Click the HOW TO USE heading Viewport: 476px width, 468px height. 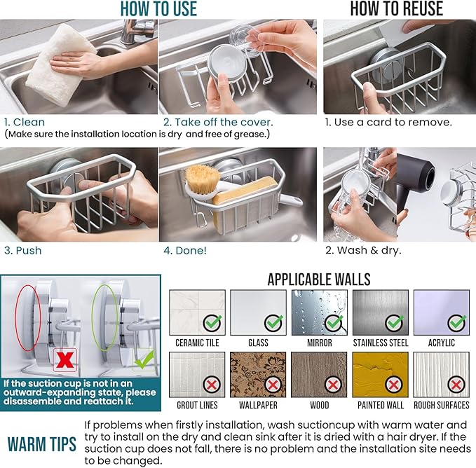click(x=158, y=8)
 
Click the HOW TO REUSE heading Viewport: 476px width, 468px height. click(x=396, y=8)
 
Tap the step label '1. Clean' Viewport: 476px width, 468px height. click(x=25, y=122)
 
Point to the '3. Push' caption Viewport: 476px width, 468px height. click(x=22, y=250)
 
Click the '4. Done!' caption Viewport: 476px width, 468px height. click(x=185, y=250)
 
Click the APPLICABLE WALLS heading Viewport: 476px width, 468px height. click(x=319, y=280)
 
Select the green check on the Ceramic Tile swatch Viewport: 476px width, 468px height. click(x=213, y=323)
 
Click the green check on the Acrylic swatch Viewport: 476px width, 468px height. click(x=457, y=323)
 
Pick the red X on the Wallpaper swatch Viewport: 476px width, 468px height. click(x=274, y=385)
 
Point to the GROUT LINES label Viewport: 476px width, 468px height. click(x=197, y=405)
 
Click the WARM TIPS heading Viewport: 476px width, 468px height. click(x=41, y=445)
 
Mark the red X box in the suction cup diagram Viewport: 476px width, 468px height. click(x=66, y=360)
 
